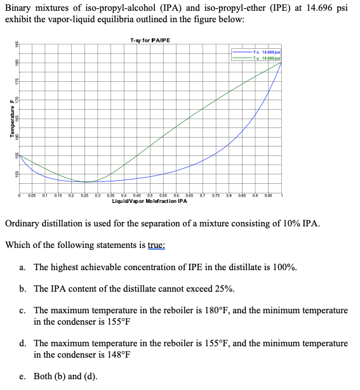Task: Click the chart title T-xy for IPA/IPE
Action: pyautogui.click(x=150, y=40)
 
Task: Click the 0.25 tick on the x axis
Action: pyautogui.click(x=85, y=196)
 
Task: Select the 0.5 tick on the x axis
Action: pyautogui.click(x=150, y=196)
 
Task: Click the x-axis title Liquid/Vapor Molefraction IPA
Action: pyautogui.click(x=149, y=202)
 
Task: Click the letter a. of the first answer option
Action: pyautogui.click(x=22, y=267)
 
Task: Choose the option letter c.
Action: pyautogui.click(x=22, y=310)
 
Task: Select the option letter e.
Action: pyautogui.click(x=22, y=376)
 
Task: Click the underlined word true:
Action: pyautogui.click(x=152, y=245)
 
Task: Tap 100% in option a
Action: pyautogui.click(x=284, y=267)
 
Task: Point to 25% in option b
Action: pyautogui.click(x=223, y=289)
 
